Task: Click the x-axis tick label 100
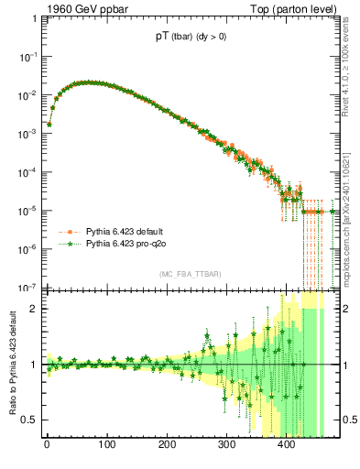pyautogui.click(x=106, y=446)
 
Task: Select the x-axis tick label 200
pyautogui.click(x=167, y=446)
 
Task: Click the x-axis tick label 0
pyautogui.click(x=47, y=446)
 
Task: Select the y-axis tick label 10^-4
pyautogui.click(x=27, y=171)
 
